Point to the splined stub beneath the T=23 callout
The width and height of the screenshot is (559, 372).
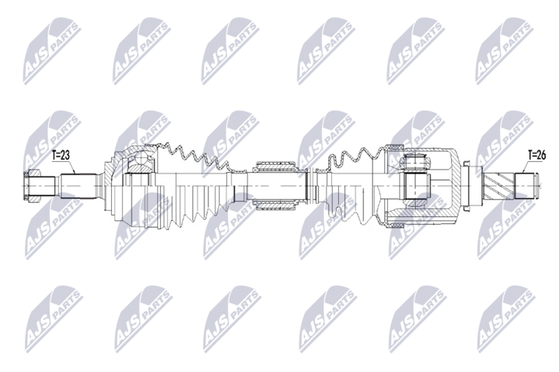pos(76,186)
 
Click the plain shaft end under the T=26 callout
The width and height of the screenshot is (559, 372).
pos(527,186)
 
